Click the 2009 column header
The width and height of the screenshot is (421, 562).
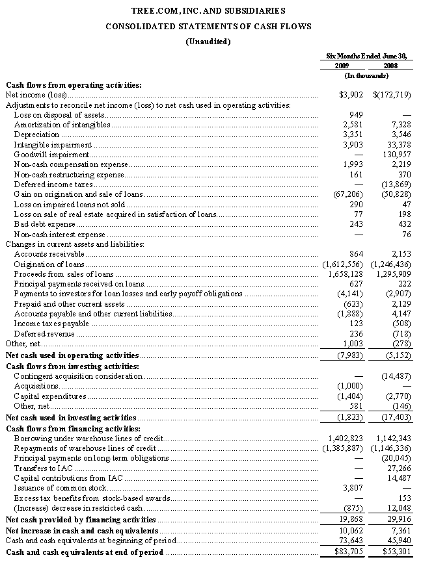(x=342, y=66)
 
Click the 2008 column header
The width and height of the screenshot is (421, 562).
(x=390, y=66)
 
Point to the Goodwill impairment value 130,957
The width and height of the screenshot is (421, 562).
(x=394, y=155)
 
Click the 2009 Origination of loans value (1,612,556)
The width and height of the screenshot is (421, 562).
(x=343, y=264)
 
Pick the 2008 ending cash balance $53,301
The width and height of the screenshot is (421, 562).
(x=394, y=552)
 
